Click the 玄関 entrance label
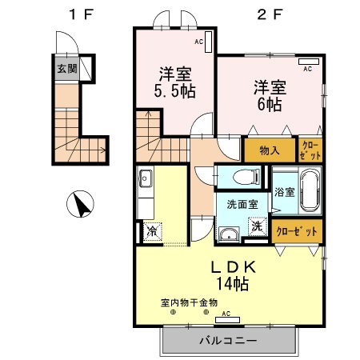coord(66,69)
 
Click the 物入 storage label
coord(269,150)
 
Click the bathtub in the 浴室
coord(309,192)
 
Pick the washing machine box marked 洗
coord(257,226)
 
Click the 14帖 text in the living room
coord(230,283)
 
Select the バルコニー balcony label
coord(229,341)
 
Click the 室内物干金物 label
coord(189,303)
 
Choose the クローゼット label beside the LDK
coord(298,230)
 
